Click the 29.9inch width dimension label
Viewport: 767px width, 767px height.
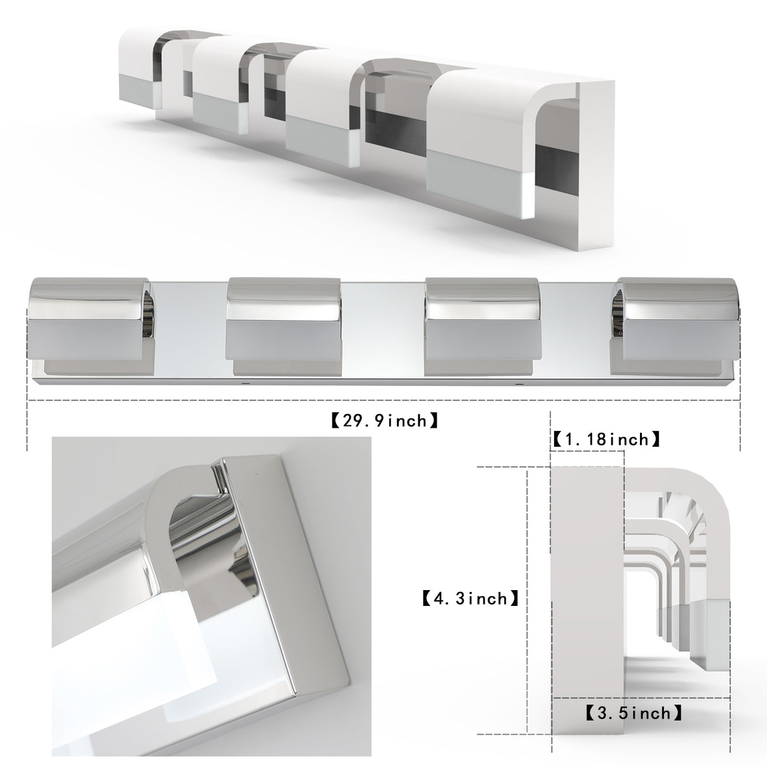(x=384, y=420)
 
